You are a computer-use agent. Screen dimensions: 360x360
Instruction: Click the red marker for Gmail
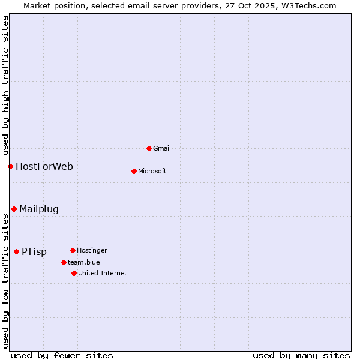149,148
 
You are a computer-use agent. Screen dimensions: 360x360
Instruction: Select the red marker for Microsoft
134,171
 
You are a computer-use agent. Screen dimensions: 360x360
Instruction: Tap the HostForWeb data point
10,166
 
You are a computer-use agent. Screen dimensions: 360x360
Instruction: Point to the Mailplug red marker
14,209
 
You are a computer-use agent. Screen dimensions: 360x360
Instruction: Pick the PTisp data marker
16,251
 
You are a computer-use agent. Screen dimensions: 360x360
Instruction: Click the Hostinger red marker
73,250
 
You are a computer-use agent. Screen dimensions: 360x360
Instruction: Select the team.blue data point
64,262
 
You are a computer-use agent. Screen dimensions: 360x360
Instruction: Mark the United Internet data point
74,273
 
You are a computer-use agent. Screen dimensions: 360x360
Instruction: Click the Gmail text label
162,148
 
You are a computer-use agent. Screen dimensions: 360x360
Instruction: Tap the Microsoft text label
152,171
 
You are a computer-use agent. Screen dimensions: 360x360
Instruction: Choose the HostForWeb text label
44,166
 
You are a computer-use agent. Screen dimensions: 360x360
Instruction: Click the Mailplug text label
39,209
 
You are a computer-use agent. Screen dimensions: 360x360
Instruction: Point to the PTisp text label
34,252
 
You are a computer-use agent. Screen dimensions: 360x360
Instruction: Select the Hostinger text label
92,250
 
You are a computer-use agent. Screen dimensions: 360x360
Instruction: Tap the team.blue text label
84,262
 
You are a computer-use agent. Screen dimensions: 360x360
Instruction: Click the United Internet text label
103,273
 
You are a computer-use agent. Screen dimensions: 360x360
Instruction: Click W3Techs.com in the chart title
308,5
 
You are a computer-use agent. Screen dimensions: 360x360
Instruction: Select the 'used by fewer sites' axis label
62,355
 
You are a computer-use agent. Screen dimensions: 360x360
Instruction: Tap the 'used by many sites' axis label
301,355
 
